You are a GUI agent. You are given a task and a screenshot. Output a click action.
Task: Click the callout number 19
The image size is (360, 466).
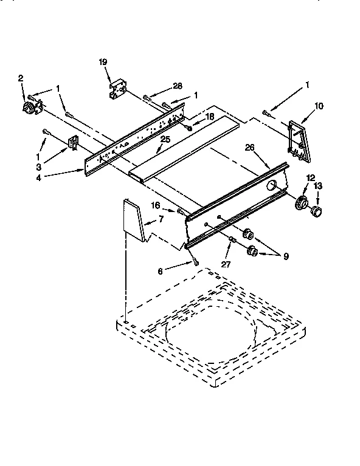(102, 62)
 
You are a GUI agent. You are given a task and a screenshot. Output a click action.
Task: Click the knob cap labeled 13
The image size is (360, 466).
(316, 211)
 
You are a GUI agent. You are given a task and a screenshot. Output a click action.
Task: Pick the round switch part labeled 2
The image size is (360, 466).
(29, 107)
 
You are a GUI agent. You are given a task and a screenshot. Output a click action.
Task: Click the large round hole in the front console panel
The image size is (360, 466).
(272, 185)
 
